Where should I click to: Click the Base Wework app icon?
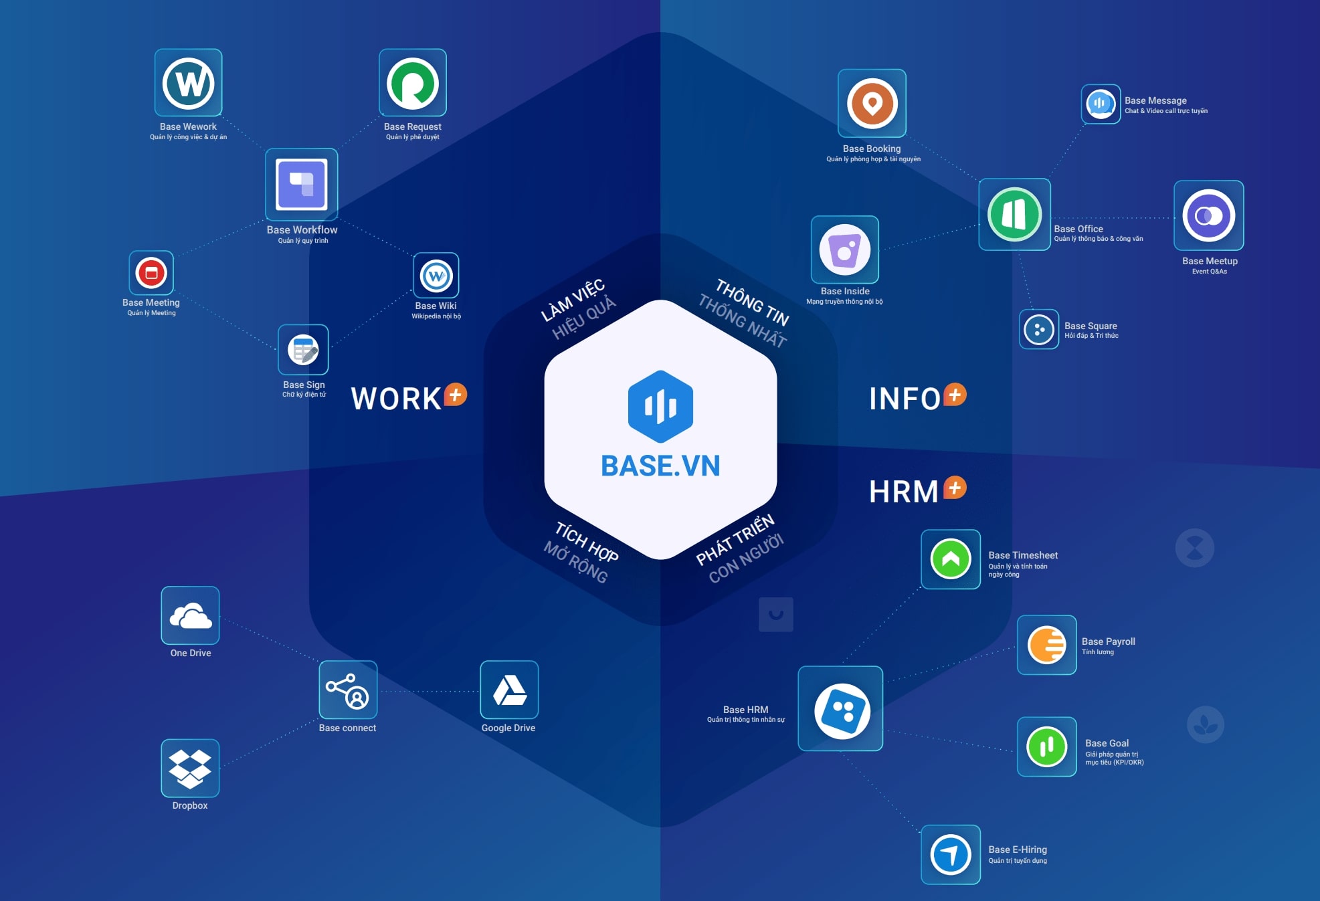click(188, 83)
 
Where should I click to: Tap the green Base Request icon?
click(412, 83)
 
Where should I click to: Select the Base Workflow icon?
click(301, 184)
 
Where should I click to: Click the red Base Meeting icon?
click(151, 273)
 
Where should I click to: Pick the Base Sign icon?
click(303, 350)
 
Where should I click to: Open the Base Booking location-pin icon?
click(872, 104)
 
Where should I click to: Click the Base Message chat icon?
click(1101, 104)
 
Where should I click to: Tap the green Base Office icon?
click(1014, 215)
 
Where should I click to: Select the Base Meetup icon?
click(1208, 215)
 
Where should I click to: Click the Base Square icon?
click(1038, 329)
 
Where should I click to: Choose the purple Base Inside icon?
click(844, 249)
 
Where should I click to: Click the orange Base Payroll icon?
click(1046, 645)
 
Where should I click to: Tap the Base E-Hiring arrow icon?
click(950, 854)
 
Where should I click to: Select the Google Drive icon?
click(509, 690)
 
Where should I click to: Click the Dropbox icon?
click(190, 768)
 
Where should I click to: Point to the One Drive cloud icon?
click(190, 615)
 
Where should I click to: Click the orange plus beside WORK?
click(456, 395)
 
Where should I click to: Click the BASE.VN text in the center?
click(660, 466)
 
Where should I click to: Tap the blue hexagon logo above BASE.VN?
click(660, 406)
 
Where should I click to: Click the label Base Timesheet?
click(1023, 555)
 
